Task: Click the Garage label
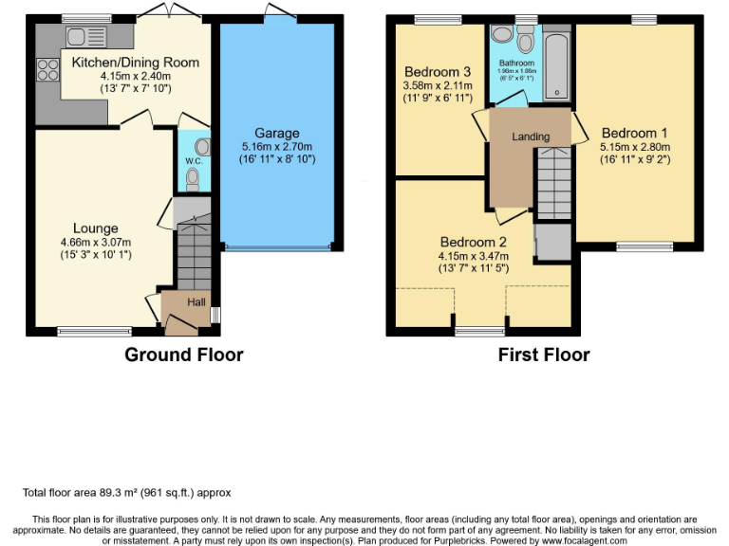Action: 276,133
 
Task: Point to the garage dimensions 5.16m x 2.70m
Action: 276,147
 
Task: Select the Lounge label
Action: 96,227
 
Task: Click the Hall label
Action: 196,301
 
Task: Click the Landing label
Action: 531,136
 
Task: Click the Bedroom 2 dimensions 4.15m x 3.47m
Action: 473,255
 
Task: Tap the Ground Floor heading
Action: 184,355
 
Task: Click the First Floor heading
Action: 544,355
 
